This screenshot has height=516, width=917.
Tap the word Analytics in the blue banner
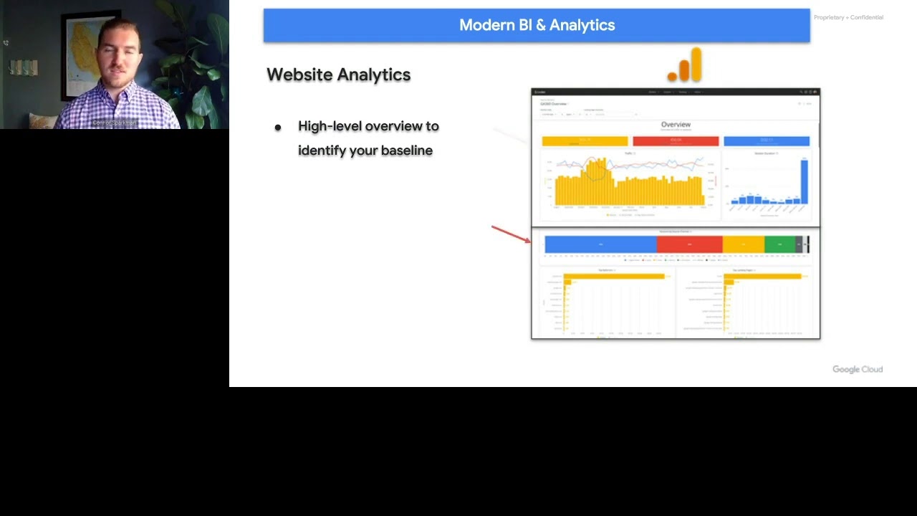pos(582,25)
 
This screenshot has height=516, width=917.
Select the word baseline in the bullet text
pos(406,150)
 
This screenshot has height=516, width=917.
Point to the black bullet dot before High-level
pos(278,128)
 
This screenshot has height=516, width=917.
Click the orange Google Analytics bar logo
pos(686,66)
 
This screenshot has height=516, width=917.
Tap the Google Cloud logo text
pos(857,369)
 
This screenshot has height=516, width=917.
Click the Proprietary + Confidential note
pos(848,17)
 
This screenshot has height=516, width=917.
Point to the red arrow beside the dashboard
pos(510,234)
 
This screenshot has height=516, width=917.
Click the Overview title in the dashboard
pos(676,125)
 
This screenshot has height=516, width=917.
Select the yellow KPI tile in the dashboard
pos(585,141)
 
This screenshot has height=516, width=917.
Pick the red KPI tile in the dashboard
pos(676,141)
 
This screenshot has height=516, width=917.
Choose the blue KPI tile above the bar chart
pos(766,141)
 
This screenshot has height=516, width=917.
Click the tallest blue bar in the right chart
pos(804,182)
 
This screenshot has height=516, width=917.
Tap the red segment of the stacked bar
pos(689,244)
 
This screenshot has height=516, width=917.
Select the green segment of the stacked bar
pos(779,244)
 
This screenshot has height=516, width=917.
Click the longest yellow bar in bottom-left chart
pos(614,276)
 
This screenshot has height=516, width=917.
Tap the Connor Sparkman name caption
pos(114,123)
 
